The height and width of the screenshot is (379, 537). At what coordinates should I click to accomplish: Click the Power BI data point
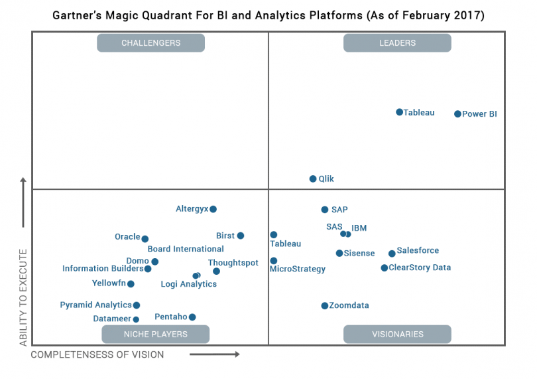[457, 114]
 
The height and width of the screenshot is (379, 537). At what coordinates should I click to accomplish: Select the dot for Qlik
[313, 179]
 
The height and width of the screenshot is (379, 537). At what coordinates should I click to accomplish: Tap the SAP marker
[325, 210]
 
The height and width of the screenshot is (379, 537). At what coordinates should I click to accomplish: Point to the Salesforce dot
[392, 254]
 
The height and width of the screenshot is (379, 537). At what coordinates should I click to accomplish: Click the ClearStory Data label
[420, 268]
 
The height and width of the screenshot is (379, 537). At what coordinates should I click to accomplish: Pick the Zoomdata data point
[325, 306]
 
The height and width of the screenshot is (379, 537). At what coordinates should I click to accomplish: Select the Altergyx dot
[213, 209]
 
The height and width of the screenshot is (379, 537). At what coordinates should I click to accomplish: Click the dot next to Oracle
[145, 239]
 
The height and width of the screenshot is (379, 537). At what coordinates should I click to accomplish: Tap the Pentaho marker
[192, 317]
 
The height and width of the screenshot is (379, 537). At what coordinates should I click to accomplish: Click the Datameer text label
[112, 319]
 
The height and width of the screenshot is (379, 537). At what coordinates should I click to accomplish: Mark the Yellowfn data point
[131, 284]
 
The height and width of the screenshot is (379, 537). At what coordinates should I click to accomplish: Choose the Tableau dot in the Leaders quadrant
[399, 112]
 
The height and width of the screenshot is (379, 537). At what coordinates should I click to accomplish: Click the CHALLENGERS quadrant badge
[150, 43]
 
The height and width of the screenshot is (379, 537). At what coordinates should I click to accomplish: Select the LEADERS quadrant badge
[397, 43]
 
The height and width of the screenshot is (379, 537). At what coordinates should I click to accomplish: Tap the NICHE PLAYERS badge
[156, 334]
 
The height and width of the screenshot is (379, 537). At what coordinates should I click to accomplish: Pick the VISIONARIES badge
[397, 334]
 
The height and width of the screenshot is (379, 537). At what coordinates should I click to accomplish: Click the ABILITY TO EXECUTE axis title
[24, 297]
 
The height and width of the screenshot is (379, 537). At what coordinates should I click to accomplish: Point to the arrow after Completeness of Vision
[214, 354]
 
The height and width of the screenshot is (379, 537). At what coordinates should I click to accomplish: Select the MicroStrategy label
[298, 269]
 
